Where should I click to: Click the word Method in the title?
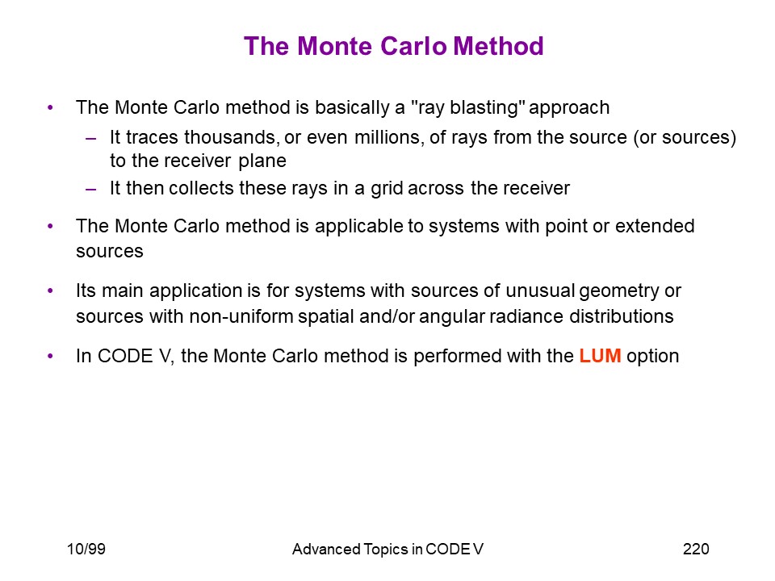498,46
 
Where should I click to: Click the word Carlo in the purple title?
413,46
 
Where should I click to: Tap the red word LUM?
600,356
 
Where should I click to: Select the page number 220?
696,549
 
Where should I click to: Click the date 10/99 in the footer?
86,549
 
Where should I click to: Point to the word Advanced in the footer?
326,549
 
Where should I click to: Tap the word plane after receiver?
262,161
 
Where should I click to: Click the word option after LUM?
653,356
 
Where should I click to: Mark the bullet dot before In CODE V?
50,356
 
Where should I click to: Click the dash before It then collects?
91,189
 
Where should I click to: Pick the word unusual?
540,291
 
